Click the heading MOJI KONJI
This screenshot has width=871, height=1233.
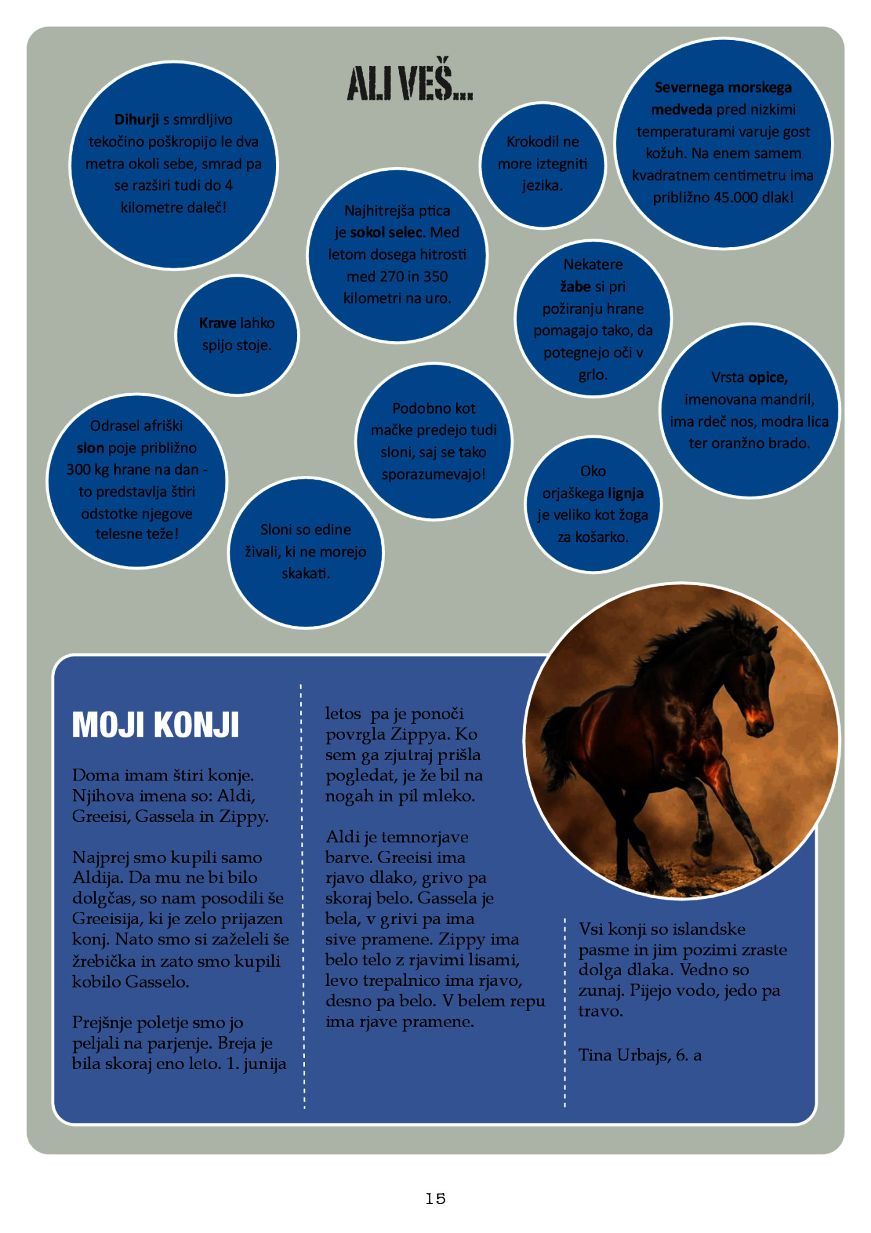(155, 725)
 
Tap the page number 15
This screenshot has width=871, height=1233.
(435, 1198)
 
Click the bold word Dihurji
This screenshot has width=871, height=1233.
(136, 120)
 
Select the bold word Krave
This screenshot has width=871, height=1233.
(217, 323)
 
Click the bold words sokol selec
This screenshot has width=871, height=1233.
(387, 232)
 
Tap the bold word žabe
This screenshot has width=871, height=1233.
(575, 287)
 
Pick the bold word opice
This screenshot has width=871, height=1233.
(768, 377)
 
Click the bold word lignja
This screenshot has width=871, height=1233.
(626, 493)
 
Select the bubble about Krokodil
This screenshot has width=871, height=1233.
(542, 164)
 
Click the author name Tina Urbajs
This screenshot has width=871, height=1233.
(623, 1055)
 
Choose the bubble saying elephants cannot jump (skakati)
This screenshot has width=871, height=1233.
(306, 552)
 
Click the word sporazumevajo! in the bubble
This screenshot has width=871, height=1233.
(433, 474)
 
